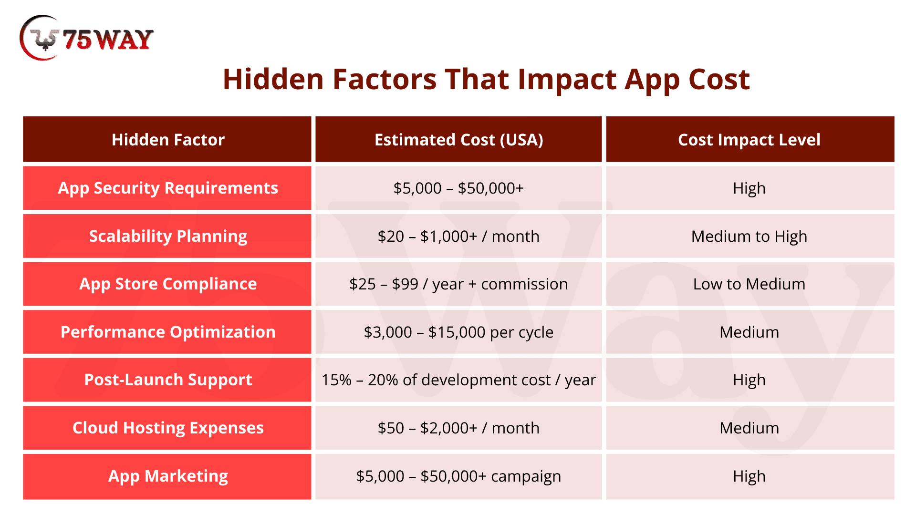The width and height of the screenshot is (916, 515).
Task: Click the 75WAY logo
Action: coord(86,38)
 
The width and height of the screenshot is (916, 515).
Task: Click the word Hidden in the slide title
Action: coord(274,79)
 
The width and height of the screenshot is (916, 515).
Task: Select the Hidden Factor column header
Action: coord(168,140)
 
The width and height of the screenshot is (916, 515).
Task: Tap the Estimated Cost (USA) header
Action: coord(458,140)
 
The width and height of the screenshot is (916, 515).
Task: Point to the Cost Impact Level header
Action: coord(749,140)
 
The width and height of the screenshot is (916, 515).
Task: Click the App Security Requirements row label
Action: coord(168,188)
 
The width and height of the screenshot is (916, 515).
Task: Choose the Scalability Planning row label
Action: coord(168,237)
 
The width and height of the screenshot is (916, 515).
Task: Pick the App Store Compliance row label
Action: coord(168,284)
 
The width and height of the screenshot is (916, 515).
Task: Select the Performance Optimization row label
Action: coord(168,332)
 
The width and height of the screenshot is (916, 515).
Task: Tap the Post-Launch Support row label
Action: coord(168,380)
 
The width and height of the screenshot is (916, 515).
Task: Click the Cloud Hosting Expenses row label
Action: coord(168,428)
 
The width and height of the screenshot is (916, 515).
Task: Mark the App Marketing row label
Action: coord(168,476)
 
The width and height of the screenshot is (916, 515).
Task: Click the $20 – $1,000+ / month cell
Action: coord(458,237)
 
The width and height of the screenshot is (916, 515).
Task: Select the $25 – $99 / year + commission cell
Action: coord(458,284)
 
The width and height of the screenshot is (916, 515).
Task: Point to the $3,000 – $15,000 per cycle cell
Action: coord(458,332)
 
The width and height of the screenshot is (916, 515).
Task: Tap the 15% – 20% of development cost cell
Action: coord(458,380)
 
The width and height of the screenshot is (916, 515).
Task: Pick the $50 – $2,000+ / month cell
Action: coord(458,428)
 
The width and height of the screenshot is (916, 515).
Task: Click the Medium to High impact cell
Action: coord(749,237)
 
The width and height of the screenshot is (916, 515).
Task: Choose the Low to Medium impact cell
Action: coord(749,284)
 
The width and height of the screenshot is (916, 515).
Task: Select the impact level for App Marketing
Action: coord(749,476)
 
